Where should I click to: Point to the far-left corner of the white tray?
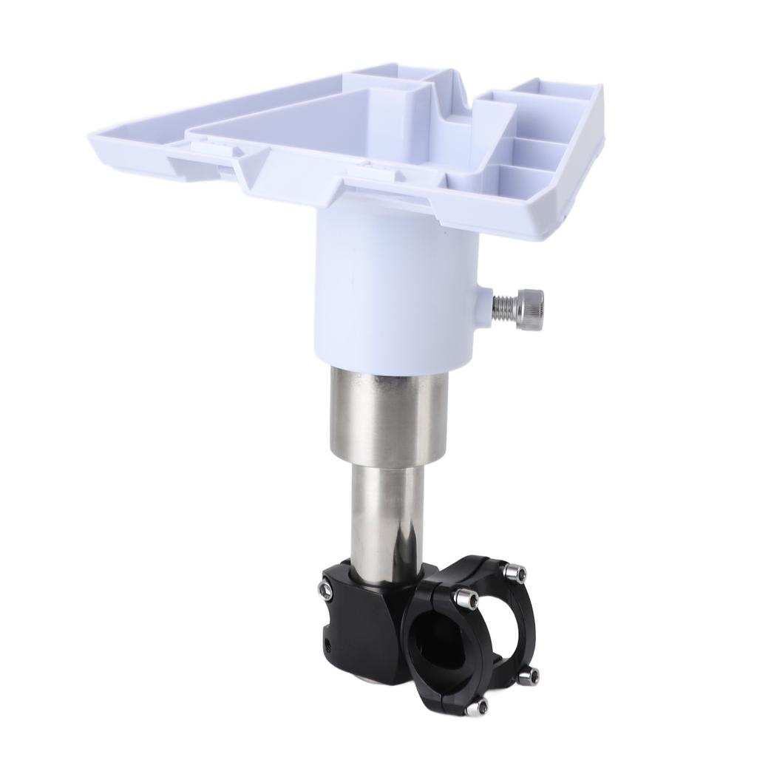tap(93, 138)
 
